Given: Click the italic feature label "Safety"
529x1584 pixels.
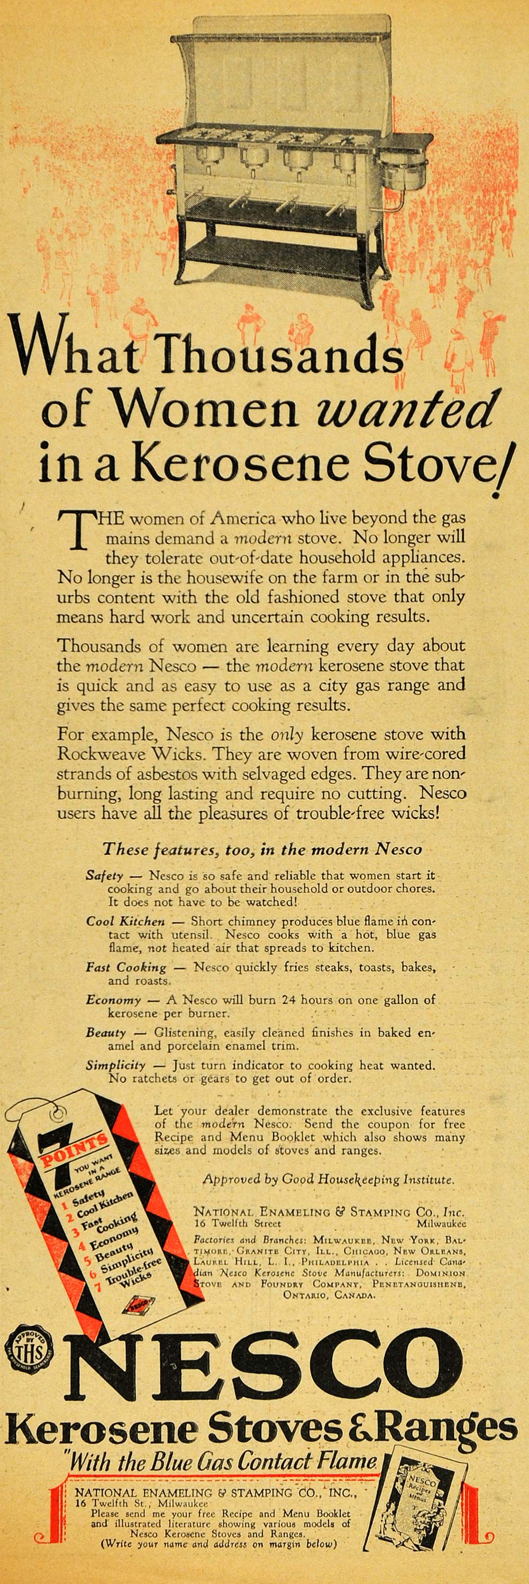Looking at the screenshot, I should (x=105, y=876).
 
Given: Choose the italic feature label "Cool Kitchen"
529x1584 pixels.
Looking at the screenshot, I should (x=125, y=921).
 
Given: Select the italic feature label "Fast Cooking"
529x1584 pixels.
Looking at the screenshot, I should (x=126, y=967).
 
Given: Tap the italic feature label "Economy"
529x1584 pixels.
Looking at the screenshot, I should (x=113, y=1000).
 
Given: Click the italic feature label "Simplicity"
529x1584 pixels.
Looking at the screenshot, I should (x=116, y=1065).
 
